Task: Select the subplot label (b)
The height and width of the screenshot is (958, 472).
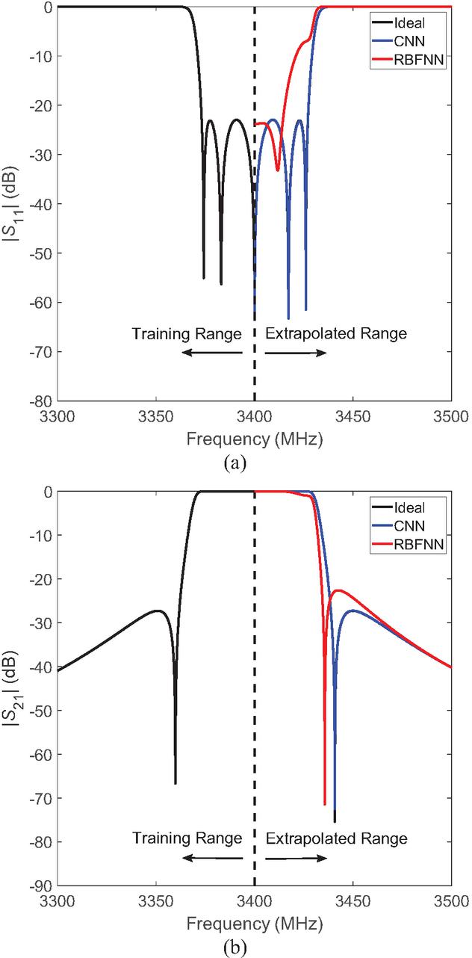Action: tap(235, 945)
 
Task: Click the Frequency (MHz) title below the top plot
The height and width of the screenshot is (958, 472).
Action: tap(255, 439)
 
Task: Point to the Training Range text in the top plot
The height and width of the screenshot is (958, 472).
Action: tap(187, 334)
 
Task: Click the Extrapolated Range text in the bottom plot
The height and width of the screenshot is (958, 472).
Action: tap(336, 838)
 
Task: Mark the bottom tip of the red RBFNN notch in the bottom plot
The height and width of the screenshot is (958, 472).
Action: tap(325, 804)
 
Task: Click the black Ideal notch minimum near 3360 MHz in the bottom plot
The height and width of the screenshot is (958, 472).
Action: tap(176, 782)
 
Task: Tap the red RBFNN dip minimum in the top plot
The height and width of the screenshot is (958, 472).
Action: tap(278, 170)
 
